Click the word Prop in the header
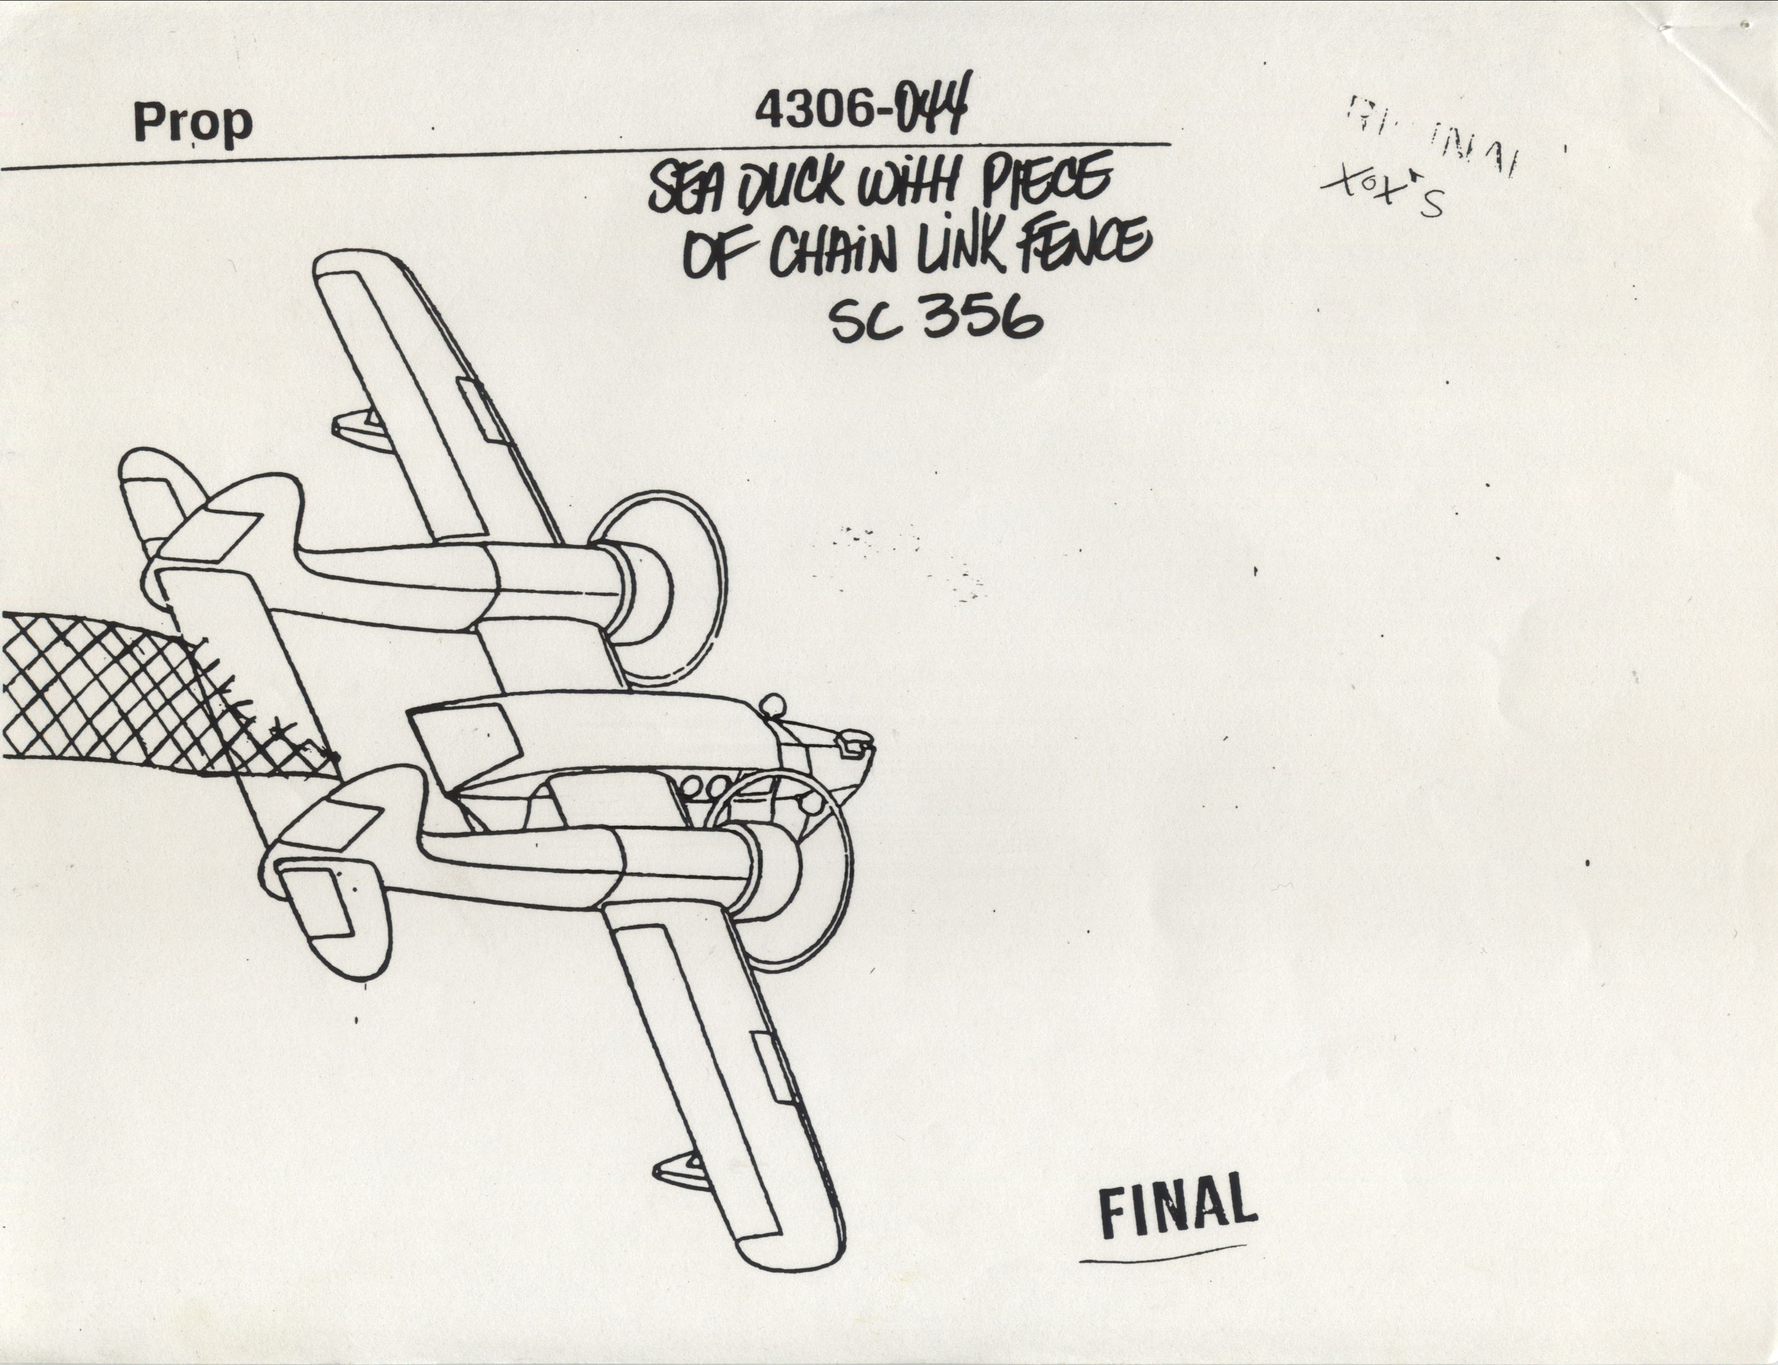click(193, 123)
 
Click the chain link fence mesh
click(106, 691)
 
